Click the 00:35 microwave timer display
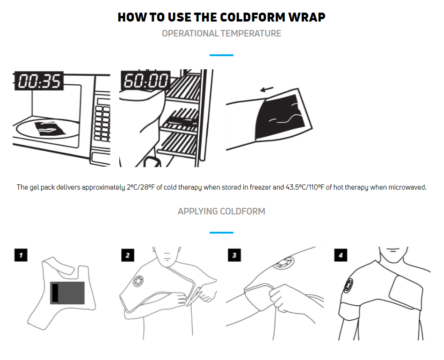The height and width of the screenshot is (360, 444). pos(39,81)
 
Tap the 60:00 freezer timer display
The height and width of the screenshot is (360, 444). pos(146,80)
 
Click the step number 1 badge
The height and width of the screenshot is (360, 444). pos(21,255)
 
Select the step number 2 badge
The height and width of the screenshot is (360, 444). pos(127,255)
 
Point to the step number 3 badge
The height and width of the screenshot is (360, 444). pos(234,255)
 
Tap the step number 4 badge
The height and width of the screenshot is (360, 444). pos(341,255)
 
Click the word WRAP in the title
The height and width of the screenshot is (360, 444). pos(307,17)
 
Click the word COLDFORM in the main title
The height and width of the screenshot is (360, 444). pos(253,17)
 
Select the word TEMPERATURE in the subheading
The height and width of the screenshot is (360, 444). pos(251,33)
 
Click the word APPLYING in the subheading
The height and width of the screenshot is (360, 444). pos(197,211)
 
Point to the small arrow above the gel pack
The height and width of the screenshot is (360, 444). pos(267,89)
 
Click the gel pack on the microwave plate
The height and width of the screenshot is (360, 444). pos(50,129)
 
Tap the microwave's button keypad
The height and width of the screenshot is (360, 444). pos(102,123)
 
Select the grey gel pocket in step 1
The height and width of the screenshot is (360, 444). pos(68,293)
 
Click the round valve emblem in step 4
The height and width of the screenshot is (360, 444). pos(349,286)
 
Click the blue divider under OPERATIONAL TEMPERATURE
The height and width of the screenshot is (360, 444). pos(221,55)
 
